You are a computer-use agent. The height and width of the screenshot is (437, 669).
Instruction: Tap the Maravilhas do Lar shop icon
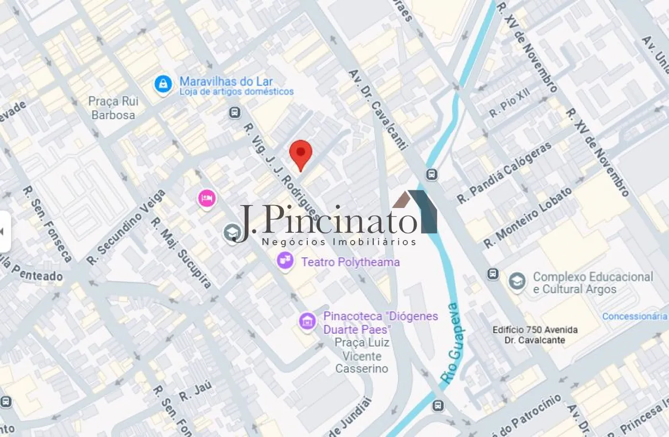(163, 85)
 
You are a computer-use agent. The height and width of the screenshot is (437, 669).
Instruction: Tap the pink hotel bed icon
(207, 198)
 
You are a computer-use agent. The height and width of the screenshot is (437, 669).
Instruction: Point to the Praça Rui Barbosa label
(114, 108)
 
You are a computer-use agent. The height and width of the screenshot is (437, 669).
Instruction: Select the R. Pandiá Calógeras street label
(504, 173)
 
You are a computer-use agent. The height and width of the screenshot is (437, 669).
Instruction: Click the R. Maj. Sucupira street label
(181, 253)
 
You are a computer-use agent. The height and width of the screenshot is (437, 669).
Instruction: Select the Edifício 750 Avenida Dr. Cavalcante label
(535, 335)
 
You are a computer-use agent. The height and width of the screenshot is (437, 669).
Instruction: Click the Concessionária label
(634, 316)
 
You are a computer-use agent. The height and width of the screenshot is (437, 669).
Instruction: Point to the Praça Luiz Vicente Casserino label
(362, 356)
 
